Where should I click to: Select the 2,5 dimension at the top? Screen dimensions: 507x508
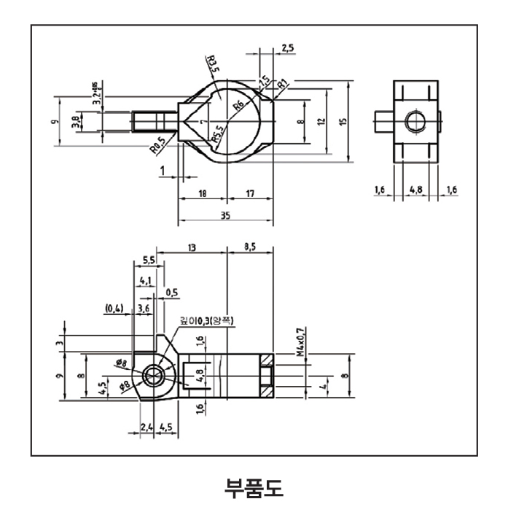[x=286, y=48]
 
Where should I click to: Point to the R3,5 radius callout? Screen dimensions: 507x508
[x=213, y=62]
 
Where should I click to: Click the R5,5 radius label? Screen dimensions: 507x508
[x=217, y=131]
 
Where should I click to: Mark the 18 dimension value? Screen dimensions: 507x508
[x=203, y=193]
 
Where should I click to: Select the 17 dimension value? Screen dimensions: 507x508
[x=249, y=193]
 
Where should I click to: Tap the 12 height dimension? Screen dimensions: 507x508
[x=321, y=121]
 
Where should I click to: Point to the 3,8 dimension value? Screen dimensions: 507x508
[x=75, y=120]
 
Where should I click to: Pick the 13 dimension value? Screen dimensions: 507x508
[x=191, y=248]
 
